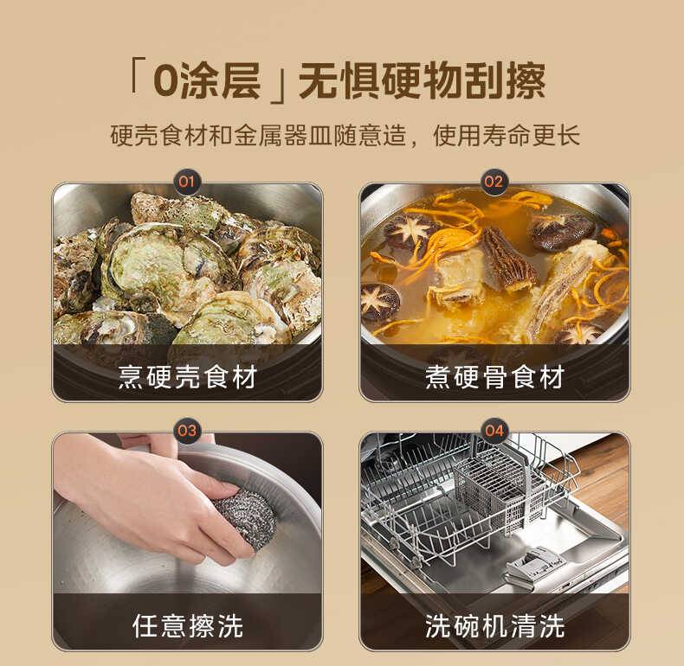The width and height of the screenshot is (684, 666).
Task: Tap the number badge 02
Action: (x=494, y=182)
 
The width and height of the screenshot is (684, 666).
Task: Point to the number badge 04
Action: (x=494, y=430)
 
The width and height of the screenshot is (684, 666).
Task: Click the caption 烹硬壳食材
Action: (x=187, y=377)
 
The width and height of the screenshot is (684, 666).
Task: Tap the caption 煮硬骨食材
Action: (x=494, y=377)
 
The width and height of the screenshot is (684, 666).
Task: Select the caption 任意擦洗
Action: (x=187, y=625)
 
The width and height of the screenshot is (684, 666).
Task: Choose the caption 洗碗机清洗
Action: (x=494, y=625)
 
